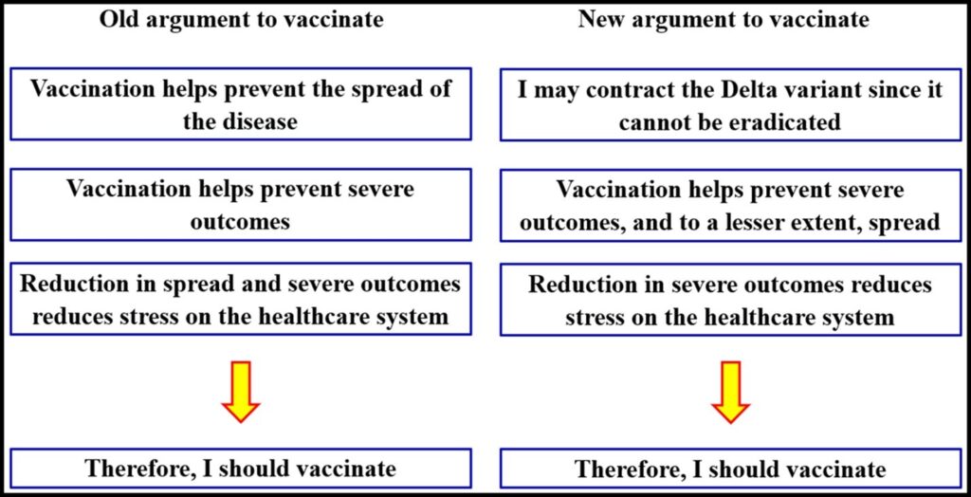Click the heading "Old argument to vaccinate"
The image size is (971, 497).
[242, 19]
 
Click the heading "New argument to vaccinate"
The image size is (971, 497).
[724, 19]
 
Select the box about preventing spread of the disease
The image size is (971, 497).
[241, 104]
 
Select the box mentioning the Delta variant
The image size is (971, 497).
[730, 104]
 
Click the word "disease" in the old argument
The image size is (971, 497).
[258, 121]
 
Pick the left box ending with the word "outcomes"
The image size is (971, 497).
[241, 205]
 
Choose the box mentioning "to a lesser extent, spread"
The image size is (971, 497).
[730, 205]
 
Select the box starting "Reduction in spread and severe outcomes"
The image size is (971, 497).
[241, 299]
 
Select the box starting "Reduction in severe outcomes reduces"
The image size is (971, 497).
[730, 299]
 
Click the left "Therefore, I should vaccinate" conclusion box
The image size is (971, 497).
[241, 468]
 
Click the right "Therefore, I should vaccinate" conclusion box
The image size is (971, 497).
[730, 468]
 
